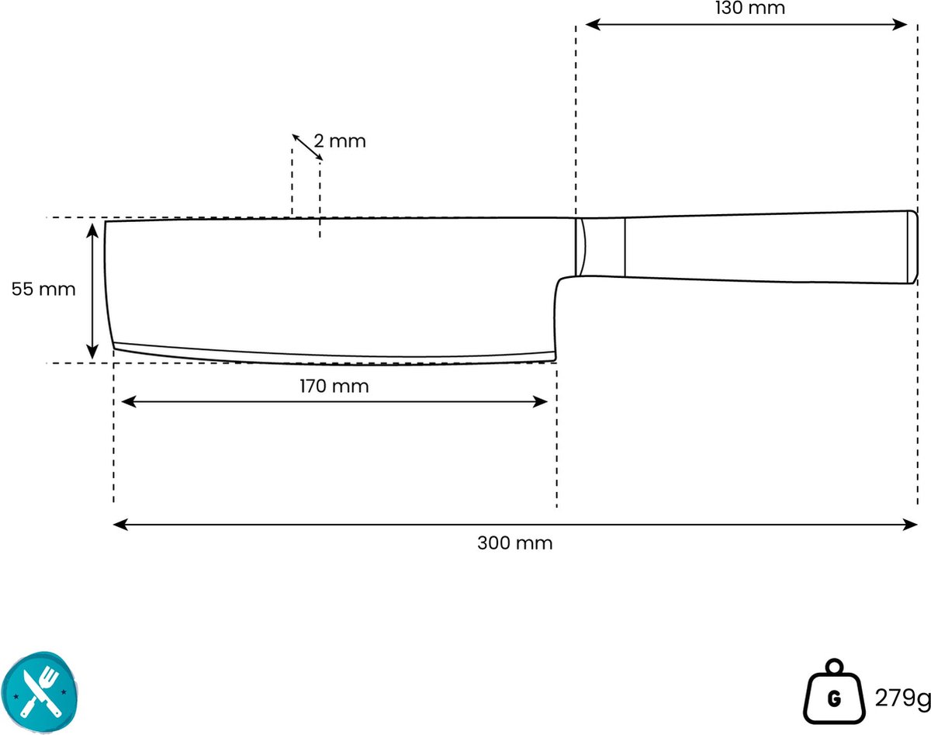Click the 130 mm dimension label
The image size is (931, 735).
point(749,8)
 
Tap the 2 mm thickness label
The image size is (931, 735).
point(340,141)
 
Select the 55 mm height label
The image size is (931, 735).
point(43,289)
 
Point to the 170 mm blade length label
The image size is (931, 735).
point(334,386)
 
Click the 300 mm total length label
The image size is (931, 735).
point(515,543)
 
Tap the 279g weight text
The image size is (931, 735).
point(902,698)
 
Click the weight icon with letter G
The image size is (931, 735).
point(834,692)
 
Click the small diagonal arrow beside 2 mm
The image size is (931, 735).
point(307,147)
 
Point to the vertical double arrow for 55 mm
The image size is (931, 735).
point(92,291)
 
